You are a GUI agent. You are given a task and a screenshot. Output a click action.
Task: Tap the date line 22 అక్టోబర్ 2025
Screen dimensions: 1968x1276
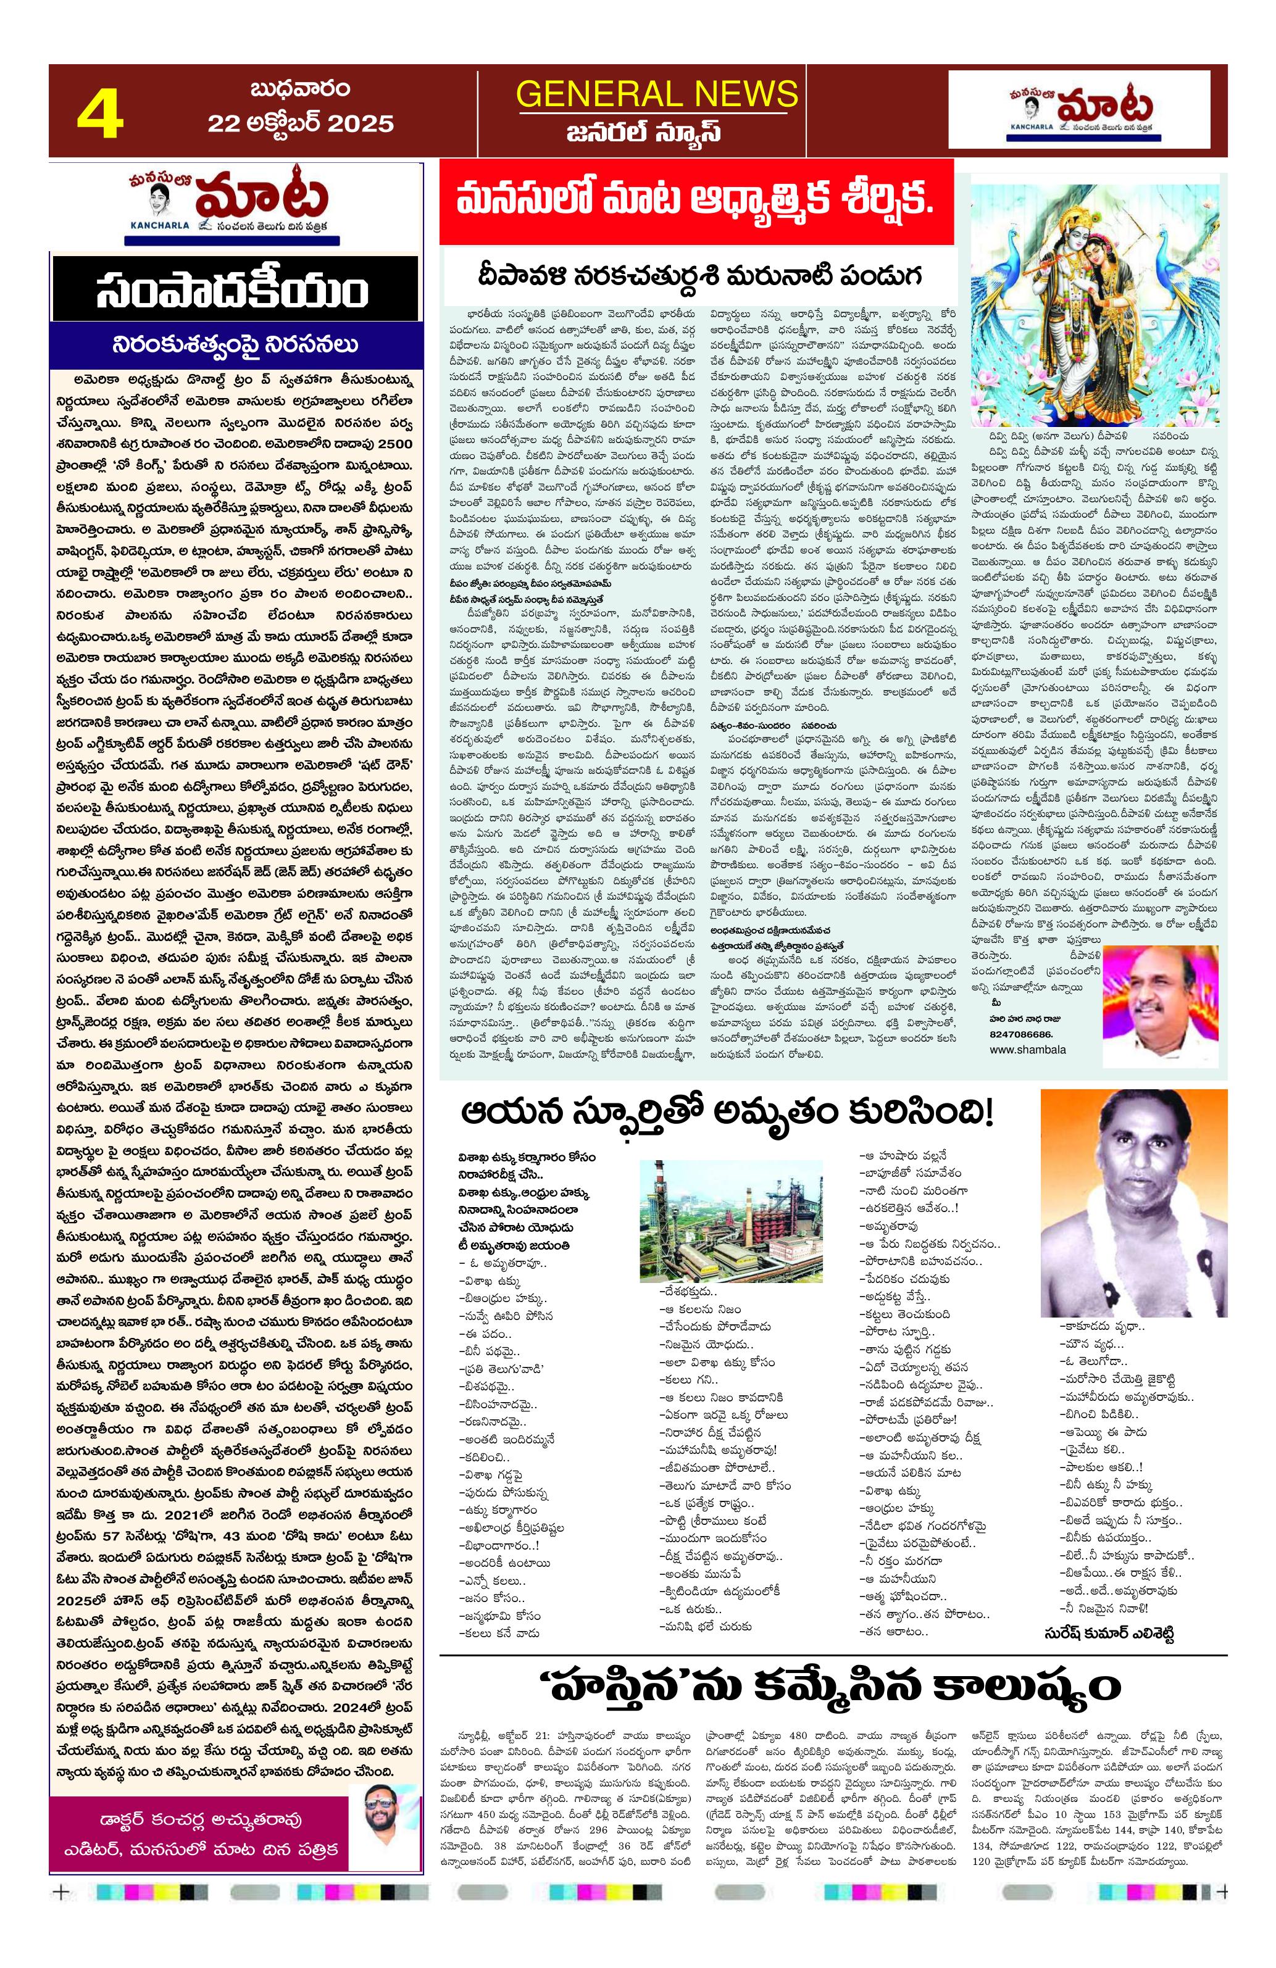click(x=300, y=124)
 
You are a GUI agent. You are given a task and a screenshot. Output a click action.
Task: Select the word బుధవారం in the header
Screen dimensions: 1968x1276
click(x=300, y=88)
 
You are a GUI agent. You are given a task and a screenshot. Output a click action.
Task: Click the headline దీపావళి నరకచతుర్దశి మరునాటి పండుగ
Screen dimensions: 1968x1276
click(x=699, y=275)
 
